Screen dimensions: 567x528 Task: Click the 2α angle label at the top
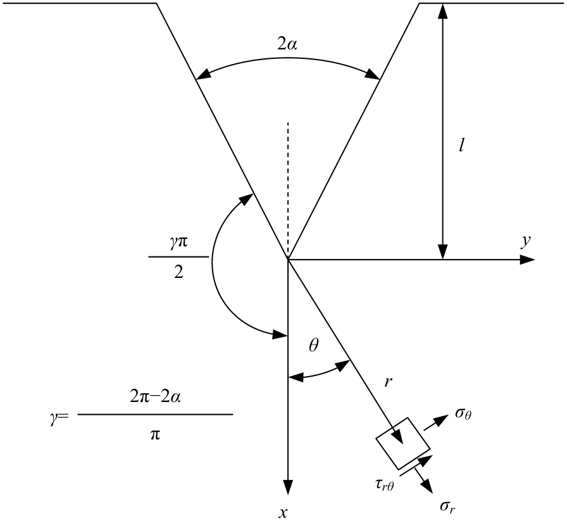287,44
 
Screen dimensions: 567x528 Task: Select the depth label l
461,146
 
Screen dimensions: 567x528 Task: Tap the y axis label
526,241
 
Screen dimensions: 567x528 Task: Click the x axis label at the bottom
283,512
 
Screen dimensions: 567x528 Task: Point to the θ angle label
314,346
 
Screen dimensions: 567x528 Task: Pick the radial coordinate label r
389,382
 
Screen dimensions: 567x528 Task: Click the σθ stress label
463,413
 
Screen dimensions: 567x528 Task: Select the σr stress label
447,507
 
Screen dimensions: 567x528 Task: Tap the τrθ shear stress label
384,485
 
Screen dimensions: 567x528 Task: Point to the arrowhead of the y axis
528,260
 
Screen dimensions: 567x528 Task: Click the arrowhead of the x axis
288,487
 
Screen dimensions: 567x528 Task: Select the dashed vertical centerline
288,191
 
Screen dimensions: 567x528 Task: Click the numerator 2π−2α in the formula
155,397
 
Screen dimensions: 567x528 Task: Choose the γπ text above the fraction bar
178,242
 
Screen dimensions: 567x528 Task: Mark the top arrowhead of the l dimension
442,11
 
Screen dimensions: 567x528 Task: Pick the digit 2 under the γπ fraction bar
178,272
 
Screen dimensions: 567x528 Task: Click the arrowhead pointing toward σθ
441,419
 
